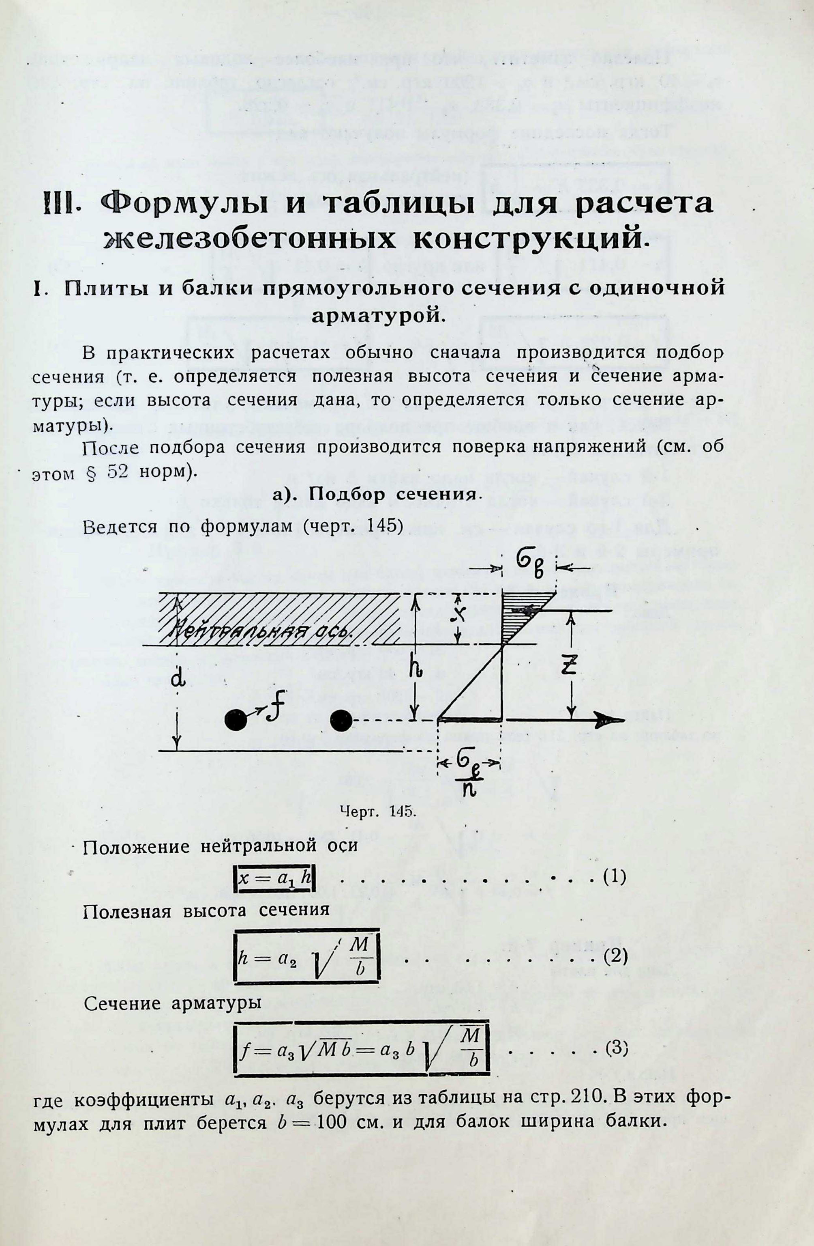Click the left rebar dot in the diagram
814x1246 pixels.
[x=236, y=721]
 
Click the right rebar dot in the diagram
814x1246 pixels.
[x=342, y=721]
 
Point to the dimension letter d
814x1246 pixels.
[x=178, y=679]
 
